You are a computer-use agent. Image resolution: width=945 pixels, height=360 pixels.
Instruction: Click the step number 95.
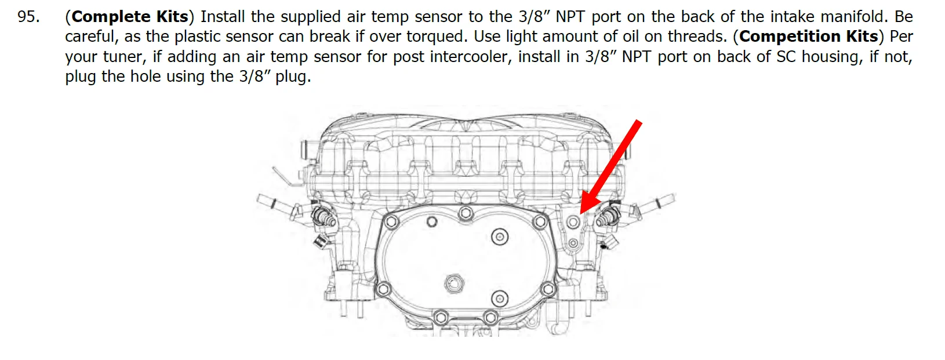[28, 17]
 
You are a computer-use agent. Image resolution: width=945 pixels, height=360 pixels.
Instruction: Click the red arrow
[611, 168]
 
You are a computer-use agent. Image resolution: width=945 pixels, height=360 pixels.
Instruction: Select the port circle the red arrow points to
[573, 222]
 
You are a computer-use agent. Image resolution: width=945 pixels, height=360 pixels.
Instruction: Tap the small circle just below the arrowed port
[573, 243]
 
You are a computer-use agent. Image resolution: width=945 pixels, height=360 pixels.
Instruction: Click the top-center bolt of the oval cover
[466, 213]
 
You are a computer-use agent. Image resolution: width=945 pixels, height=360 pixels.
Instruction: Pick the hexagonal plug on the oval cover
[454, 283]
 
